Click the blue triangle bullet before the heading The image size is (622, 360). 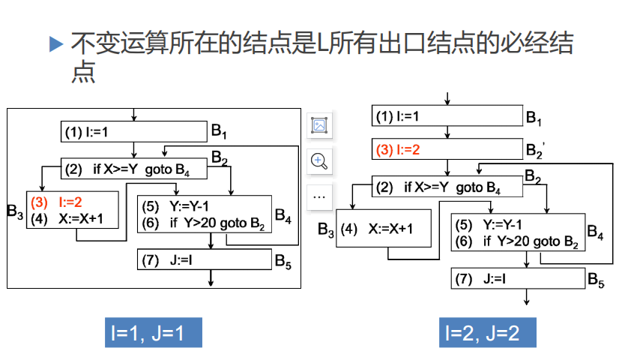coord(56,43)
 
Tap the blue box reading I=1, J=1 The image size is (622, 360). coord(154,332)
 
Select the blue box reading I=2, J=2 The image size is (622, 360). coord(488,332)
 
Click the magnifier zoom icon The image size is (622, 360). coord(319,160)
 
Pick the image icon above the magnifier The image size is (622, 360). coord(319,125)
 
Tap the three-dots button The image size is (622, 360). coord(319,196)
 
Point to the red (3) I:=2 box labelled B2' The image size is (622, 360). coord(447,149)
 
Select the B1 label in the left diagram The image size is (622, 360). coord(219,131)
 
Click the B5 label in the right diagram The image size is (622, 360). coord(596,280)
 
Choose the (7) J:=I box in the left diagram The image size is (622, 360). coord(205,259)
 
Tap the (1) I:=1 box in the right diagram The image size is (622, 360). coord(447,116)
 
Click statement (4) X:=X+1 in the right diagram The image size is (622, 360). coord(377,229)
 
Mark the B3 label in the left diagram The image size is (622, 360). coord(15,211)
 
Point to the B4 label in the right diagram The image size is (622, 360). coord(595,232)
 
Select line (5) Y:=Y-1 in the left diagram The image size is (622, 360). coord(175,206)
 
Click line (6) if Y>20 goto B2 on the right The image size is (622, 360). coord(516,241)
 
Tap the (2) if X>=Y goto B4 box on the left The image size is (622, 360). coord(133,169)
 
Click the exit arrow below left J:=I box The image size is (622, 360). coord(211,277)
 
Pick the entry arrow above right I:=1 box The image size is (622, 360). coord(447,99)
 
